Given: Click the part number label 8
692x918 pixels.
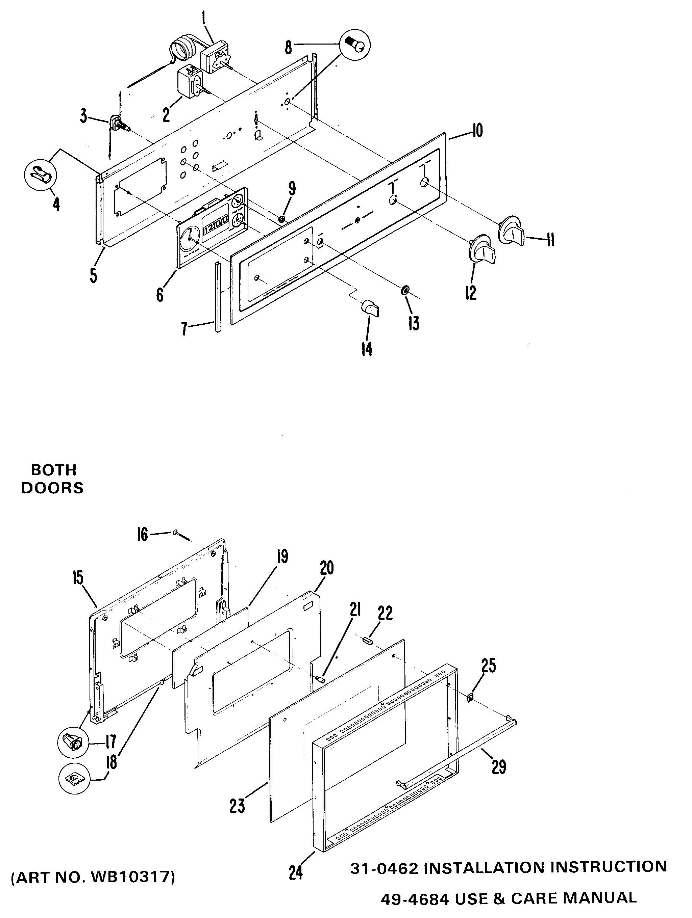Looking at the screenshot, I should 288,48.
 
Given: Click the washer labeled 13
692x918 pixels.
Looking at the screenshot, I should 404,289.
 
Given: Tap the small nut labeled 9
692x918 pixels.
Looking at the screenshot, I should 282,218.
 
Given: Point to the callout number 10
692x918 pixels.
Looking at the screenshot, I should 477,131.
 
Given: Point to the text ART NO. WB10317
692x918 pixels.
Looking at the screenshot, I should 93,877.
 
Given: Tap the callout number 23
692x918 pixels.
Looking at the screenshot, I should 237,806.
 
